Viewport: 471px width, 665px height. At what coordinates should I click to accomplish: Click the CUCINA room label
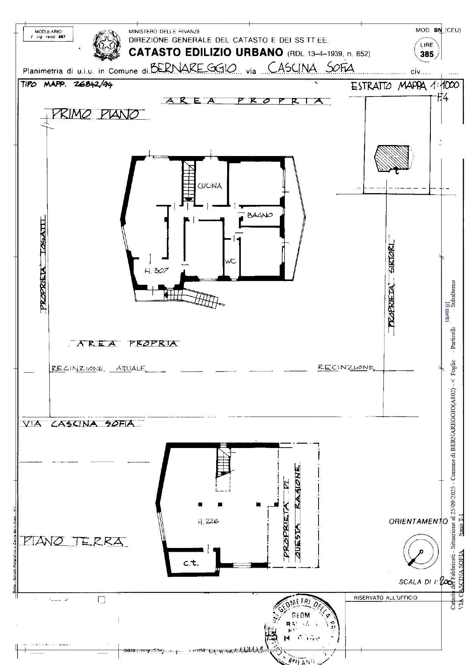209,186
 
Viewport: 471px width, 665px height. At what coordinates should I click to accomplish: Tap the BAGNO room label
260,215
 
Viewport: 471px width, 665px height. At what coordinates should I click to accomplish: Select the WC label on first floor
231,261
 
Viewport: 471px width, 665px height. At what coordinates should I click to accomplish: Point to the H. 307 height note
156,271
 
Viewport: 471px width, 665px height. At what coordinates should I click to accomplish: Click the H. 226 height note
208,521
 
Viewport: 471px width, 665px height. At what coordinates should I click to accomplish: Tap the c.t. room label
191,563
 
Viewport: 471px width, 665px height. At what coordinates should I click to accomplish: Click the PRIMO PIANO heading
95,114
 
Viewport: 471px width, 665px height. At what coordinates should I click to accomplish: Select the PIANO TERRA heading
73,541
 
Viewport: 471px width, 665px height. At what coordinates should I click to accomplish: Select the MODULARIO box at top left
48,34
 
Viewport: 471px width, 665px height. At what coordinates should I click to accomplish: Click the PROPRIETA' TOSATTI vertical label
43,263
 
